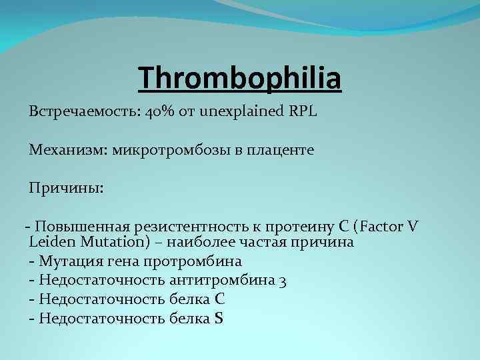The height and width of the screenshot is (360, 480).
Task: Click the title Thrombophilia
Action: click(240, 77)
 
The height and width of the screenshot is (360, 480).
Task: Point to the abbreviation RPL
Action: click(302, 111)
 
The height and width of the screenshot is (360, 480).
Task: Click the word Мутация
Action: click(69, 261)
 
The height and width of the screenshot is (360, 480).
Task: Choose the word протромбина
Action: click(199, 261)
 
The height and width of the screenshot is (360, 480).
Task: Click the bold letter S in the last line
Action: click(219, 319)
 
